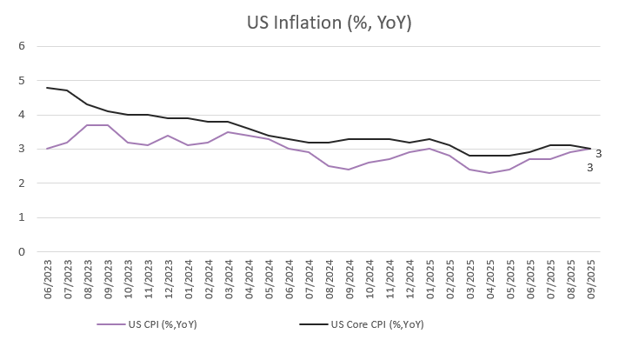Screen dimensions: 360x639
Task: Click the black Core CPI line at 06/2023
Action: point(47,88)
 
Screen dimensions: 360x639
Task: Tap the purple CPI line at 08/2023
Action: point(87,125)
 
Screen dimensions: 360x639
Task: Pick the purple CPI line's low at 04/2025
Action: point(491,173)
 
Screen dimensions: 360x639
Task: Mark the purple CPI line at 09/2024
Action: point(349,170)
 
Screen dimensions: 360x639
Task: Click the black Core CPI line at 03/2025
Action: point(471,156)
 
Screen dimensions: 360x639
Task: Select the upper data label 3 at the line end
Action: point(599,154)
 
